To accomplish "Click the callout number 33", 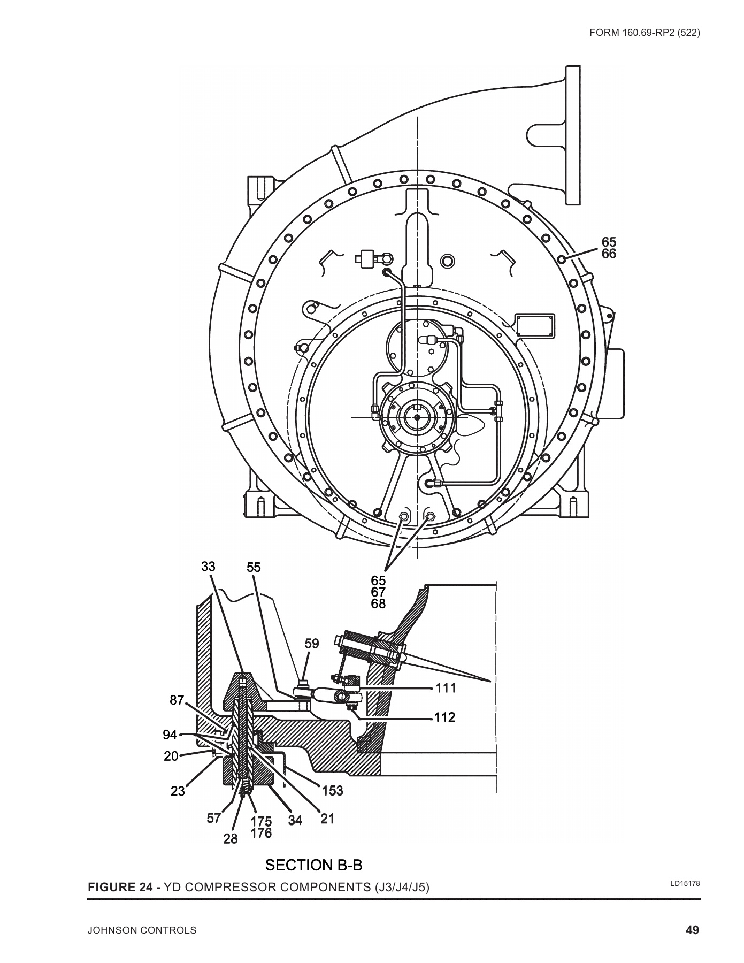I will [x=209, y=567].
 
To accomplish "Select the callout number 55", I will [x=254, y=567].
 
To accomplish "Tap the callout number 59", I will [x=312, y=644].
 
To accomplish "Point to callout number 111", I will [x=446, y=688].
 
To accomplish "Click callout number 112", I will [x=444, y=717].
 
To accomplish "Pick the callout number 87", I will [x=177, y=700].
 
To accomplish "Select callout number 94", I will [x=170, y=735].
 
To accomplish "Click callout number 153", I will [x=333, y=790].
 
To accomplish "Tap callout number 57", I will [x=214, y=818].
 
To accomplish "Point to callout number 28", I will [x=231, y=839].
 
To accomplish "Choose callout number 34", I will [x=295, y=820].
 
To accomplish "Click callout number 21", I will [x=327, y=819].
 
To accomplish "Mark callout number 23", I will [x=178, y=791].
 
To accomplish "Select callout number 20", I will [x=171, y=756].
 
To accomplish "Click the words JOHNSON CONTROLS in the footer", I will [x=142, y=931].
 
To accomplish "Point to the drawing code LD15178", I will [x=685, y=883].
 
